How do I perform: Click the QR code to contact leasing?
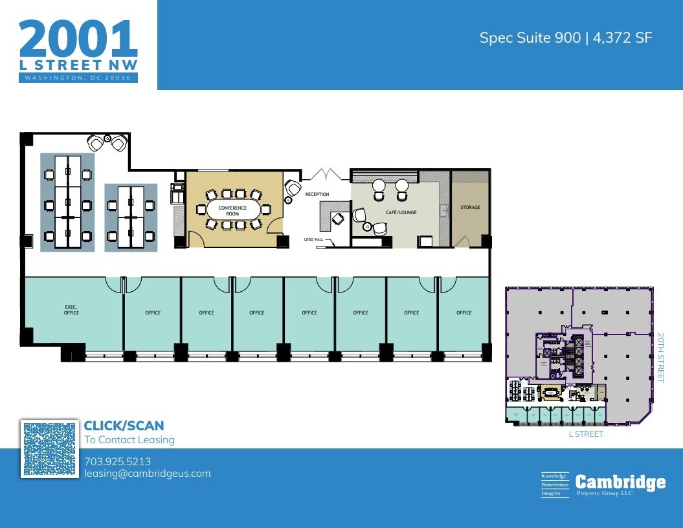(50, 449)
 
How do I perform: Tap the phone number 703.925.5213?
(117, 461)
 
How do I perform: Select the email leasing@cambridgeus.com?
(147, 473)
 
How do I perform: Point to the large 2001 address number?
(78, 39)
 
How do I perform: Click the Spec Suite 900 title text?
(565, 38)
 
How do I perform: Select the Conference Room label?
(232, 211)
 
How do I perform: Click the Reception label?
(317, 194)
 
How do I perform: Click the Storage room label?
(470, 208)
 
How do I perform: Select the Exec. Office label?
(71, 309)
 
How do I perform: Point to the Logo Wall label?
(313, 239)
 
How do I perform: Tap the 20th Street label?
(660, 358)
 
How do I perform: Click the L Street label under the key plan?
(585, 434)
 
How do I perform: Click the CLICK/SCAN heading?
(124, 426)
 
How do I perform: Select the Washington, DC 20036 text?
(78, 78)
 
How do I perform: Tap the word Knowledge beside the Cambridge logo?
(554, 476)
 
